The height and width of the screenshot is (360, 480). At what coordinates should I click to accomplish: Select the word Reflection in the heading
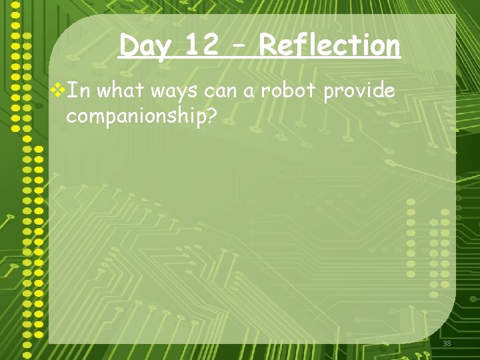[329, 45]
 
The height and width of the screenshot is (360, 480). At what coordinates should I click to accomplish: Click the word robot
[289, 91]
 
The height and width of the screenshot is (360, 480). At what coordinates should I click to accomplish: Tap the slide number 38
[446, 343]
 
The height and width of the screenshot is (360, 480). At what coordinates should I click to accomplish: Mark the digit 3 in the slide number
[444, 343]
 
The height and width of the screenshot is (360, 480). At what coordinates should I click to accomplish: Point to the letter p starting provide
[329, 93]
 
